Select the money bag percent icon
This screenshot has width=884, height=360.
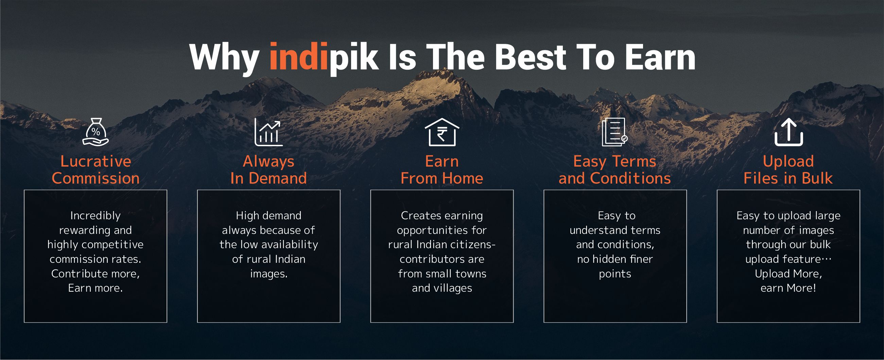(96, 132)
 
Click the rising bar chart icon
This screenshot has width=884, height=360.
(268, 133)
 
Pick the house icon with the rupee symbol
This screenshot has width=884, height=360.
(441, 133)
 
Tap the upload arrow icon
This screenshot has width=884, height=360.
(788, 133)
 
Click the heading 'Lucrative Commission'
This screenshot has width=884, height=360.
(96, 170)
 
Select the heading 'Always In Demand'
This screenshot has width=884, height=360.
(268, 170)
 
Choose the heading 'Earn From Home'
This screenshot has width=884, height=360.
(441, 170)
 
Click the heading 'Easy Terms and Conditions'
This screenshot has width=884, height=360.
(614, 170)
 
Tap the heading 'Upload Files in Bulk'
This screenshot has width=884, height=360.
(788, 170)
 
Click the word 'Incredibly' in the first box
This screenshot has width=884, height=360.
(96, 216)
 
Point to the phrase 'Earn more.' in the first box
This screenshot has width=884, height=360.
(96, 288)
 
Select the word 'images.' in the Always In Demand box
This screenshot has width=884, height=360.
(269, 274)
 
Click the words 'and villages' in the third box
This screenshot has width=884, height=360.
(442, 288)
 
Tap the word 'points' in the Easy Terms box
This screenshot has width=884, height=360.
(615, 274)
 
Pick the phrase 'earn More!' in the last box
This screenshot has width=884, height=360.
(788, 288)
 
